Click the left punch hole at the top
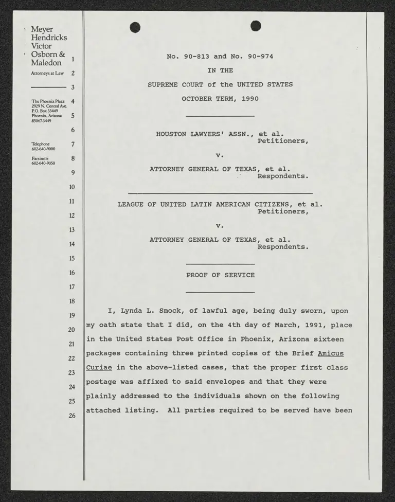[x=135, y=26]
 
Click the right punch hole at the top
[x=256, y=26]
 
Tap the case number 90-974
[x=260, y=57]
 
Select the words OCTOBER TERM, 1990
[x=220, y=99]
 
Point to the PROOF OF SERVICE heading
[x=220, y=275]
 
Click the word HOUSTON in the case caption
[x=171, y=134]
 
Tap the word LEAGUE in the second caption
[x=131, y=204]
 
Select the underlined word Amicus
[x=331, y=353]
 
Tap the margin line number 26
[x=72, y=416]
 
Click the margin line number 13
[x=72, y=230]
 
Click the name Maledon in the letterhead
[x=46, y=63]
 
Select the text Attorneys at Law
[x=47, y=74]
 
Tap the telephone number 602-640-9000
[x=44, y=149]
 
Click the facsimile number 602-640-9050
[x=44, y=163]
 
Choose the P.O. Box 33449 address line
[x=45, y=111]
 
